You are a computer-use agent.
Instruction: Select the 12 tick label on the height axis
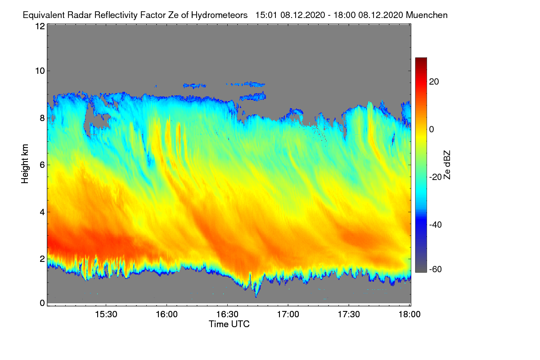coord(40,27)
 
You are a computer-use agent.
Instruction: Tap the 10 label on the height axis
coord(40,71)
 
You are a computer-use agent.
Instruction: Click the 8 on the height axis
coord(41,118)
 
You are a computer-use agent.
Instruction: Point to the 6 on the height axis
coord(41,165)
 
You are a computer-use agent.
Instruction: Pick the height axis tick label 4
coord(41,211)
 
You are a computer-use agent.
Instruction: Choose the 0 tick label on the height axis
coord(41,303)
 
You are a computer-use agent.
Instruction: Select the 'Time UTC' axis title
coord(229,324)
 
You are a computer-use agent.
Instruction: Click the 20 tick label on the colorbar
coord(434,82)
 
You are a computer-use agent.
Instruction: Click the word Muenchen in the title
coord(427,15)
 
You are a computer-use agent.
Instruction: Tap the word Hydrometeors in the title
coord(220,15)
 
